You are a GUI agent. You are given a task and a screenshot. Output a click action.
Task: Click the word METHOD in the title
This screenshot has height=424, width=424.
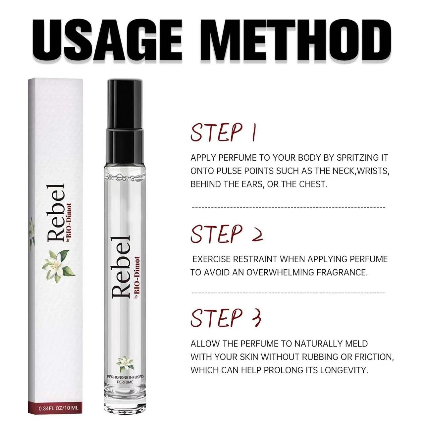pyautogui.click(x=288, y=37)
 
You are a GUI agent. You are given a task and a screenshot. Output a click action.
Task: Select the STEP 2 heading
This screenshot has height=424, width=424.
pyautogui.click(x=227, y=234)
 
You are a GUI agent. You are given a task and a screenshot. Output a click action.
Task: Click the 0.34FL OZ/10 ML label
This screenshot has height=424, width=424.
pyautogui.click(x=59, y=408)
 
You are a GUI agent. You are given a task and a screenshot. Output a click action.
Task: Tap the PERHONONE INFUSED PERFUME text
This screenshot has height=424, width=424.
pyautogui.click(x=125, y=380)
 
